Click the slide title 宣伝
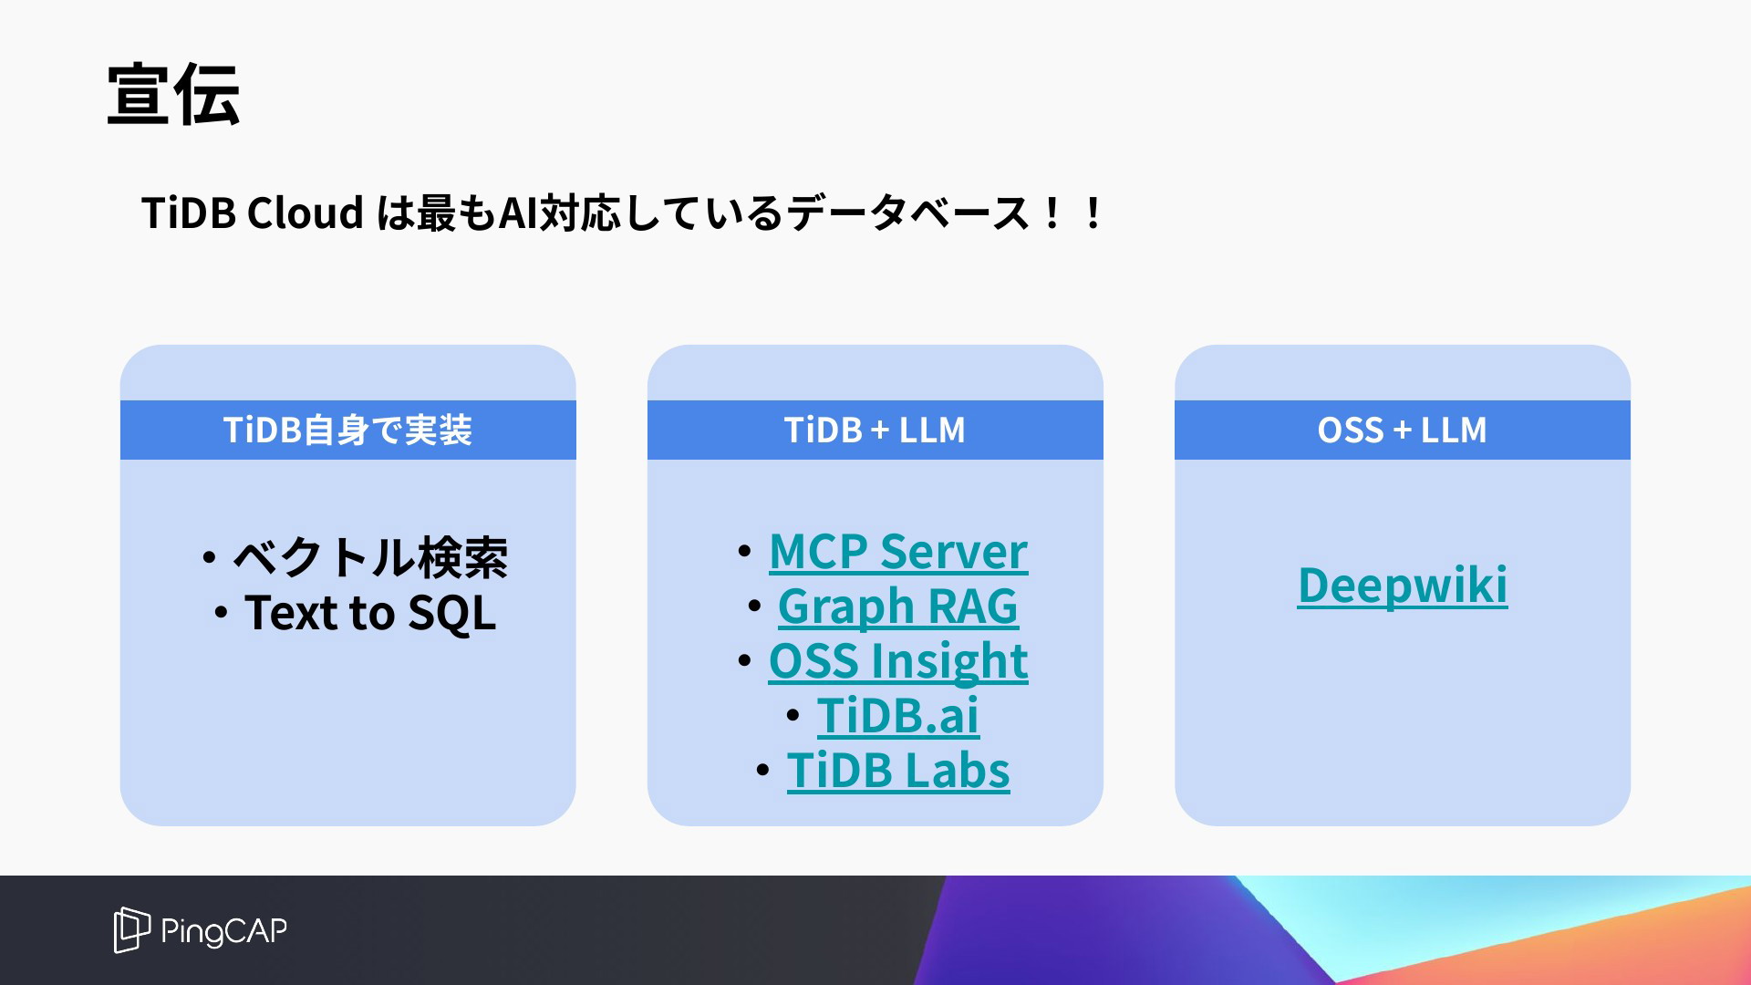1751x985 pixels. click(173, 95)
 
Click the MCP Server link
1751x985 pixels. click(898, 552)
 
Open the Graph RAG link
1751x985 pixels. click(898, 607)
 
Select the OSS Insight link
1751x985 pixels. click(898, 661)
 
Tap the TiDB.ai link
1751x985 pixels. click(898, 716)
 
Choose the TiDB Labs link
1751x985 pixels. click(898, 771)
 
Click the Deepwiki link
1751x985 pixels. click(1403, 586)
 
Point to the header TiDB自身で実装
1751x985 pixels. click(347, 430)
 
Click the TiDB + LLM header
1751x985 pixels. click(875, 430)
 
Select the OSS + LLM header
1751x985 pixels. click(1402, 430)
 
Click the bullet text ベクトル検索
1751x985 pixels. click(370, 557)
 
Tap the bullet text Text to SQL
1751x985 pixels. click(370, 613)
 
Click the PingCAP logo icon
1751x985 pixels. click(131, 929)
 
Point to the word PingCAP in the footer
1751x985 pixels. click(223, 931)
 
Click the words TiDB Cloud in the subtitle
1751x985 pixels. click(253, 213)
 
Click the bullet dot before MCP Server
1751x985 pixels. click(744, 551)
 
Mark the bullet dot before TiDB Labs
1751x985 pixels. click(762, 771)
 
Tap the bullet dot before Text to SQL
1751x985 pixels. click(221, 613)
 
